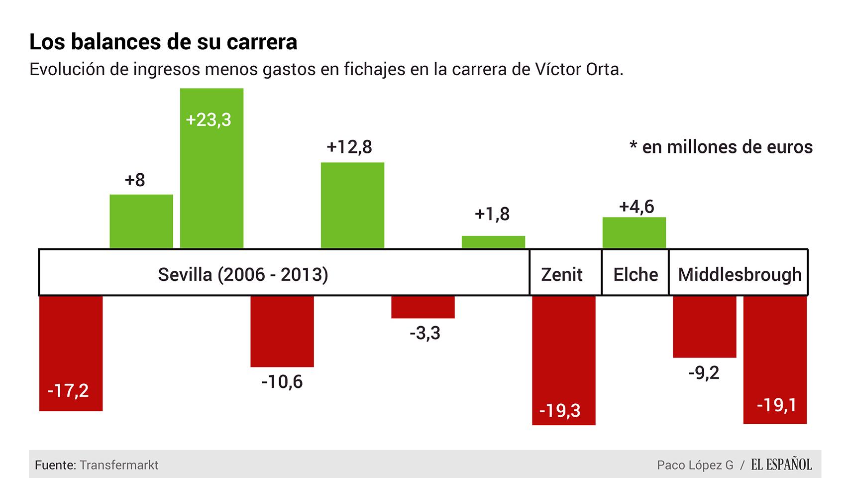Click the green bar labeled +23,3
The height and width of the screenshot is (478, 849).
click(x=212, y=169)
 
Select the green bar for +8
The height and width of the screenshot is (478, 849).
click(x=141, y=221)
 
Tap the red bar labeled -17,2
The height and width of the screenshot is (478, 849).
click(x=71, y=354)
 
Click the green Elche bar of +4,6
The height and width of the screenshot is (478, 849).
click(x=634, y=233)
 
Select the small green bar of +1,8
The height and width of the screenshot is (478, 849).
click(x=493, y=242)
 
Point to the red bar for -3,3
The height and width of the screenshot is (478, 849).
click(x=423, y=307)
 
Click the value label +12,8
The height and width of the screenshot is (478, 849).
click(x=349, y=147)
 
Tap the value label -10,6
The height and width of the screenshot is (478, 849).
click(x=282, y=382)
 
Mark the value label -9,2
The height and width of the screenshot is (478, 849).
click(x=704, y=372)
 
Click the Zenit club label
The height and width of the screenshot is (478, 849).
click(x=562, y=274)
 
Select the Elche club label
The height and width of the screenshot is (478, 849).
click(x=636, y=274)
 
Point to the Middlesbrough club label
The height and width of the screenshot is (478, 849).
click(x=740, y=274)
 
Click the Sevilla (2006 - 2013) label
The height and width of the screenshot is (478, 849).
click(x=243, y=274)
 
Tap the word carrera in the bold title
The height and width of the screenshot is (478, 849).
click(x=262, y=42)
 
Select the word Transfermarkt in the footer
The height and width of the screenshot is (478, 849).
click(x=119, y=465)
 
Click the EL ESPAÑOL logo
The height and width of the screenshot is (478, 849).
click(x=781, y=465)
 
